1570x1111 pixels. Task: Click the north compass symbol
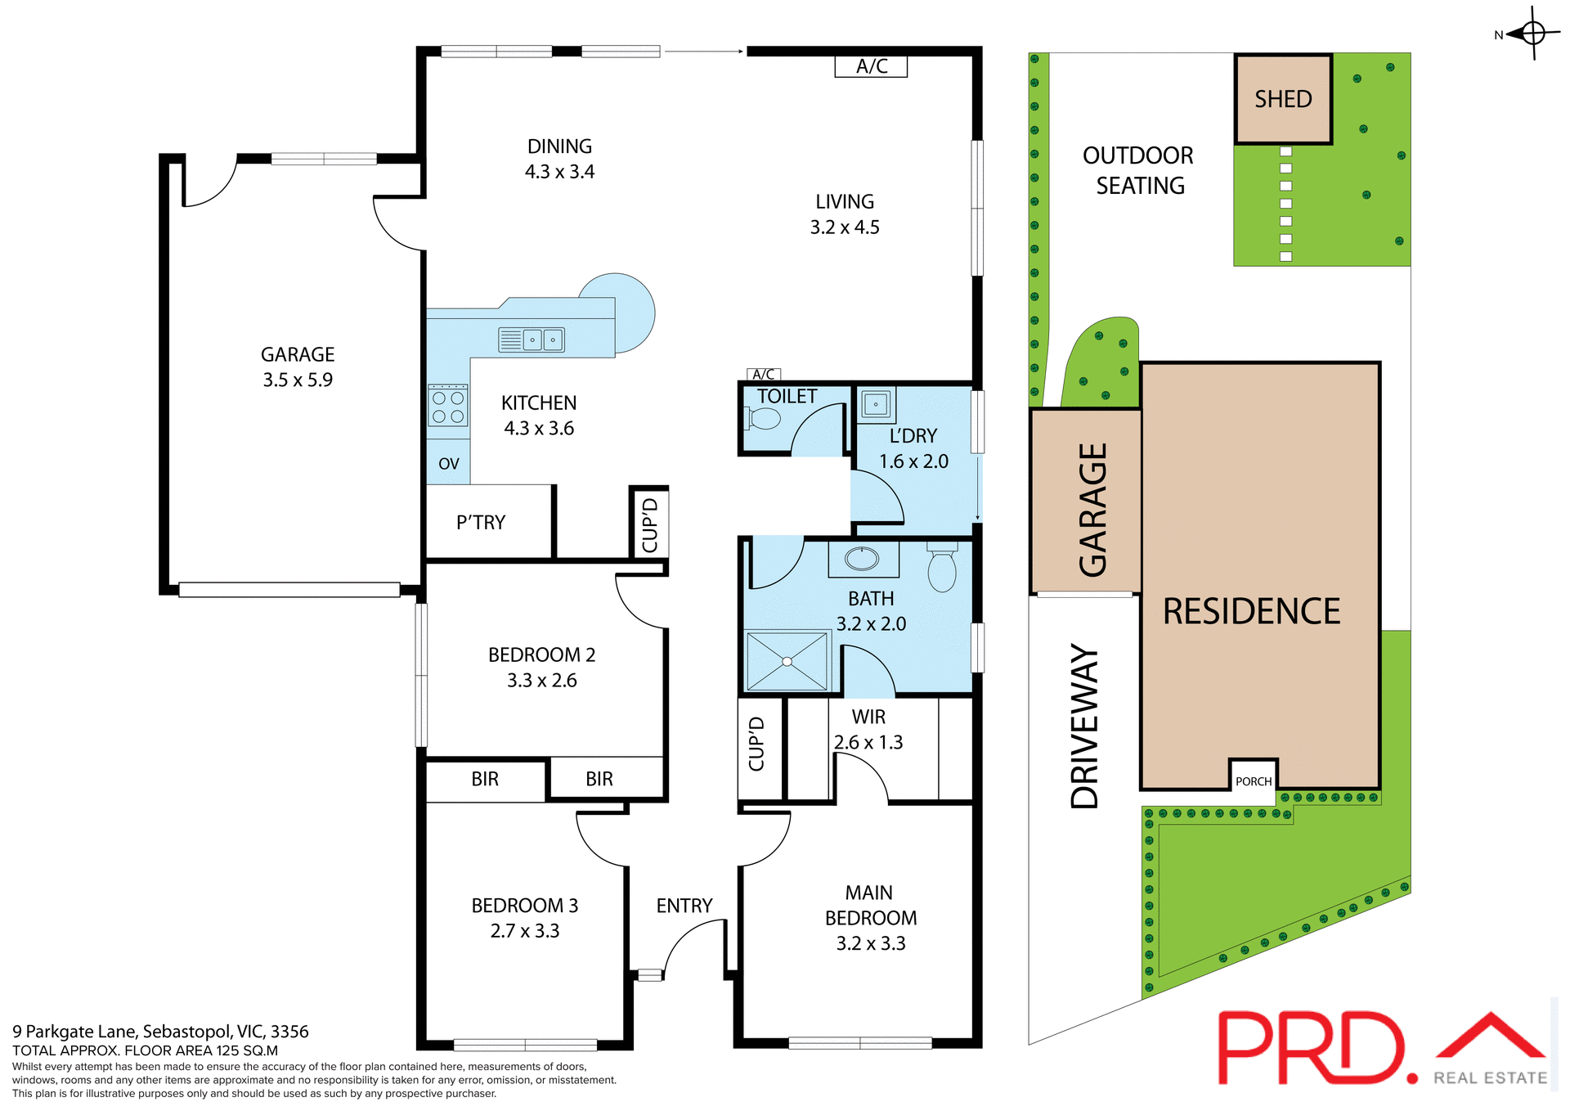[1532, 34]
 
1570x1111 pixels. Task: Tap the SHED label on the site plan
[1283, 99]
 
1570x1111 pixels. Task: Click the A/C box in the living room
[871, 66]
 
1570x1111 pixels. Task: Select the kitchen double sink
[542, 339]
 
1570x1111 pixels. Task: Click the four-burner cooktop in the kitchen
[448, 407]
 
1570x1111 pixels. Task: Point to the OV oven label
[448, 464]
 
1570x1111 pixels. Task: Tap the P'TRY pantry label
[481, 522]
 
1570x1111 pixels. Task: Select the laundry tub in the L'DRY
[876, 404]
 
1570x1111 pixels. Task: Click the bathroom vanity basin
[862, 560]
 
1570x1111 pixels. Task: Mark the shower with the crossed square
[787, 661]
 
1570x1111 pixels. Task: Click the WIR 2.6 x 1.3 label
[868, 730]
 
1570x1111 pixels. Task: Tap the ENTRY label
[684, 906]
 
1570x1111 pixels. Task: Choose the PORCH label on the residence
[1254, 781]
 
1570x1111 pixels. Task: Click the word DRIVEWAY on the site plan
[1085, 726]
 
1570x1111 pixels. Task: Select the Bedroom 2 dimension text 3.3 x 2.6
[541, 681]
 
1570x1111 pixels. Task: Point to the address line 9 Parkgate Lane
[160, 1032]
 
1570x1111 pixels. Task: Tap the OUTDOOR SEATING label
[1138, 170]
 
